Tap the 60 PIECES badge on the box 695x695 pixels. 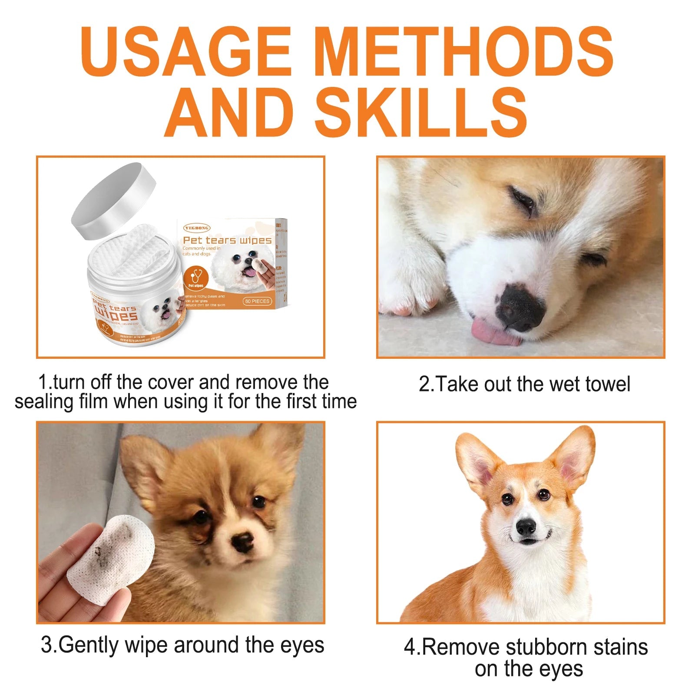tap(257, 301)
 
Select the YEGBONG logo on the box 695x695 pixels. tap(197, 228)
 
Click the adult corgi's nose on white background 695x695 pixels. tap(526, 527)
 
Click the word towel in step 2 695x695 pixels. tap(607, 384)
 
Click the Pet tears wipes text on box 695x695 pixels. tap(227, 240)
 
